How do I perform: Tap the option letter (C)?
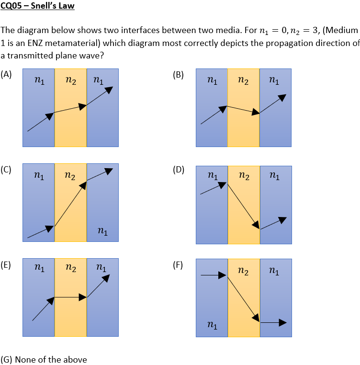click(6, 169)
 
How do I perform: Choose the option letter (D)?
click(178, 169)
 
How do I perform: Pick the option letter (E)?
click(6, 264)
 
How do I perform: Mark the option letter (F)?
click(178, 264)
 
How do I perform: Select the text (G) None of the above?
click(44, 359)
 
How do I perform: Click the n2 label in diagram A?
click(70, 81)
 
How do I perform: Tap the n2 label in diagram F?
click(243, 272)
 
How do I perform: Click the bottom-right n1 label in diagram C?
click(101, 232)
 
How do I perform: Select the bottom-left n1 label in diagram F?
click(211, 326)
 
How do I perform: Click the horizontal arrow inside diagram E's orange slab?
click(70, 297)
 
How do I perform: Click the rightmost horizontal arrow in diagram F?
click(273, 323)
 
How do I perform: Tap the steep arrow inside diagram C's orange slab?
click(70, 204)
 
